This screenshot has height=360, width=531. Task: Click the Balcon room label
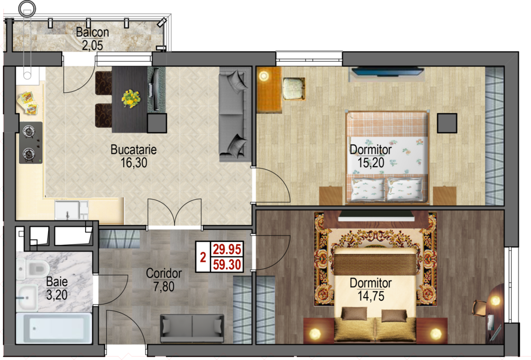(x=92, y=32)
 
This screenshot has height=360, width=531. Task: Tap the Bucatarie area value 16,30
(x=134, y=162)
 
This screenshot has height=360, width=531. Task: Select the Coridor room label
(x=164, y=273)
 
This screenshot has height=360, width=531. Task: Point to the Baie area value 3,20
(x=57, y=295)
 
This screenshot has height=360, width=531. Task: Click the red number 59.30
(x=227, y=265)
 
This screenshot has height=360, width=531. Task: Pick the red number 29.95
(x=227, y=250)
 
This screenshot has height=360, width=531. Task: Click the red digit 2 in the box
(x=203, y=257)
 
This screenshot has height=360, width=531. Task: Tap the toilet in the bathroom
(x=34, y=269)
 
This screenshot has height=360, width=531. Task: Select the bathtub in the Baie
(x=54, y=328)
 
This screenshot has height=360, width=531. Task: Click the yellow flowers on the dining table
(x=130, y=99)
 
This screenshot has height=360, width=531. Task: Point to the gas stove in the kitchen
(x=31, y=143)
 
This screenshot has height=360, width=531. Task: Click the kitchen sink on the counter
(x=72, y=210)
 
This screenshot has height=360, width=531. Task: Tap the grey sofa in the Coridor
(x=192, y=328)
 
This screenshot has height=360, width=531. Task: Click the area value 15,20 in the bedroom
(x=371, y=163)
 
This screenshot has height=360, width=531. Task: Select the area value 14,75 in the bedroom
(x=371, y=296)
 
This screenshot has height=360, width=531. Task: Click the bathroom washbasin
(x=27, y=297)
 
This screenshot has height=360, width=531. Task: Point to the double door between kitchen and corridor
(x=175, y=213)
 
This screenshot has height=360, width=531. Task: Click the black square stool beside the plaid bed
(x=447, y=123)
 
